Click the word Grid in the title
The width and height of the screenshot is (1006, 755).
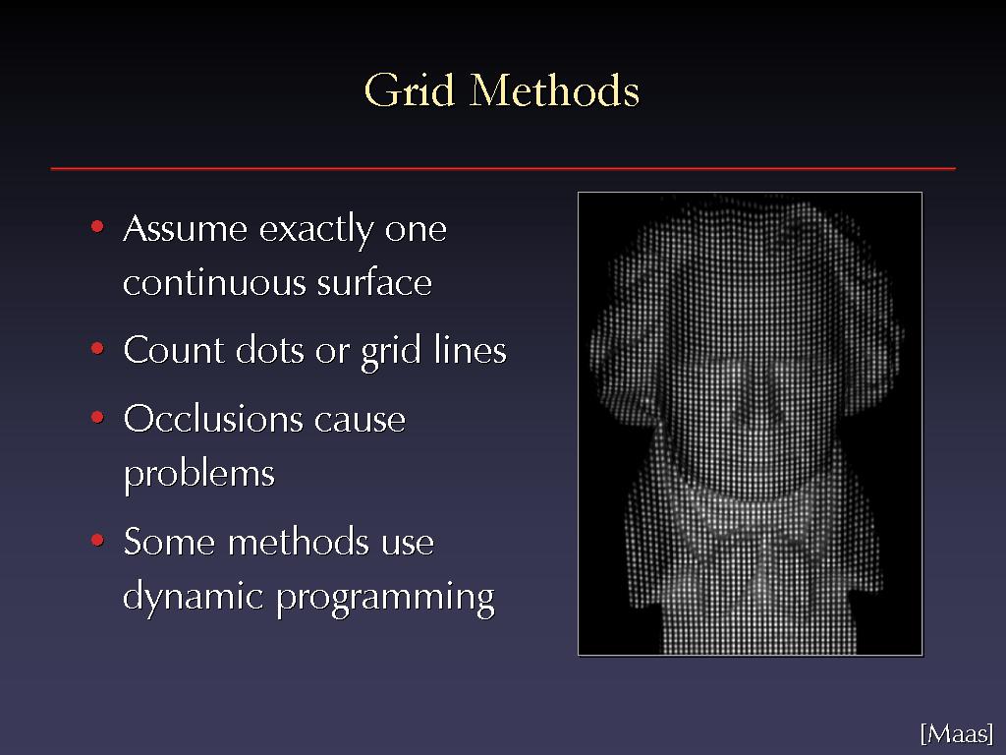coord(410,89)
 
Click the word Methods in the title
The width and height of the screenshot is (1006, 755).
coord(554,89)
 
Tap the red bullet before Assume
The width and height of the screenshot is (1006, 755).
coord(97,226)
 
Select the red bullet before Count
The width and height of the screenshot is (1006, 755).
coord(97,349)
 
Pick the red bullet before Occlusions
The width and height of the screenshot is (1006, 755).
coord(97,417)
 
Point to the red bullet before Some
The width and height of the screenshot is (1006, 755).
coord(97,540)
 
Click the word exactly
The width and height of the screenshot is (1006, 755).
coord(315,230)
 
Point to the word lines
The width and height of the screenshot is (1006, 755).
coord(471,351)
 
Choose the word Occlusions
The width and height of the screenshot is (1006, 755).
coord(212,419)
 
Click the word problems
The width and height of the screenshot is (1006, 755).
coord(198,475)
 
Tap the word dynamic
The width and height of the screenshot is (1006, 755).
coord(194,597)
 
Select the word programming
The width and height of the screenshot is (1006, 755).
coord(385,598)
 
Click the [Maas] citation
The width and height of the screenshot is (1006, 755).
coord(957,733)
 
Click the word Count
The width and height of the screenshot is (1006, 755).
coord(173,351)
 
